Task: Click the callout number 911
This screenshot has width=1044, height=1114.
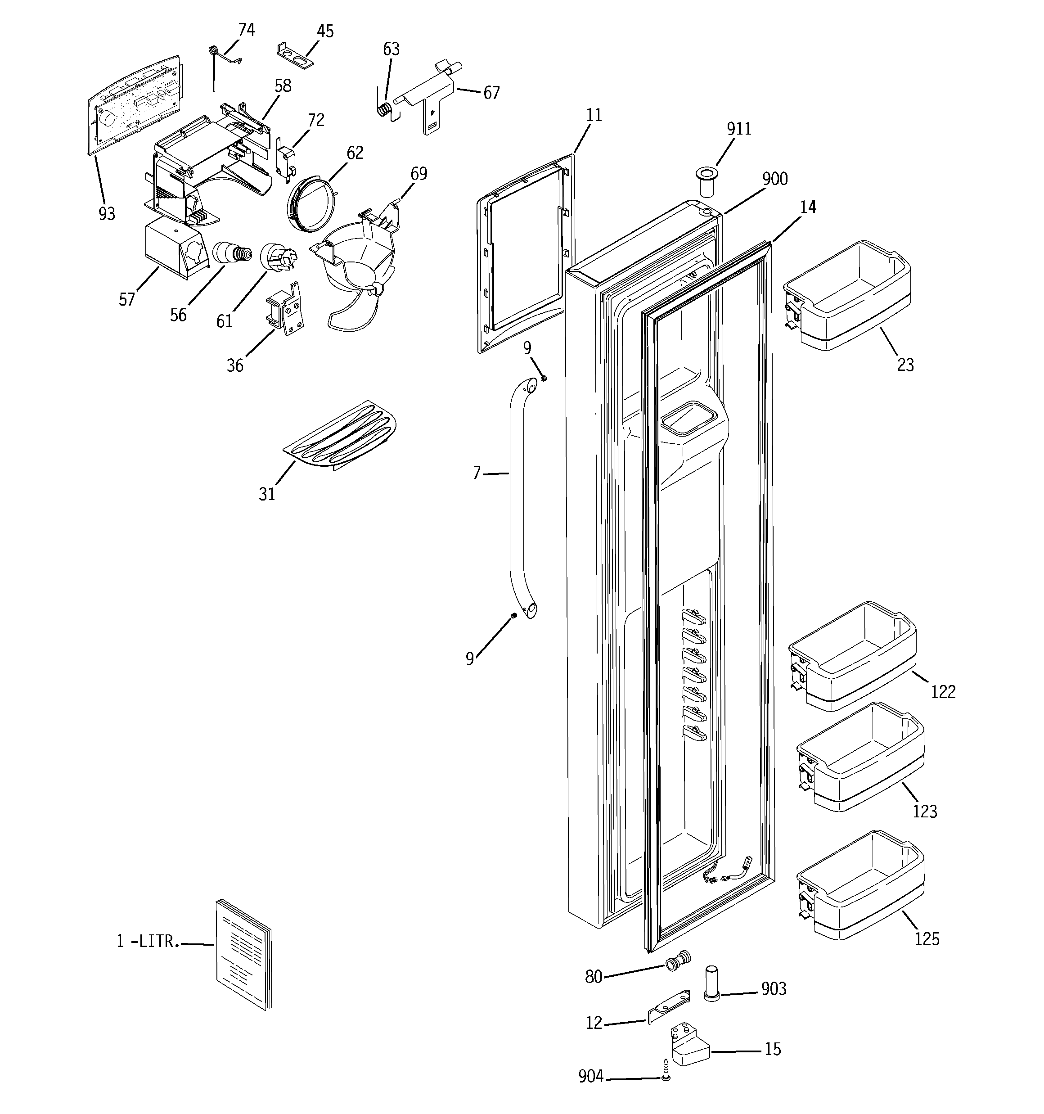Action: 738,129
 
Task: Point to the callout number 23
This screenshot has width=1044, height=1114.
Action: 905,365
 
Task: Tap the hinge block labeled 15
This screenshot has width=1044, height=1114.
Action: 688,1045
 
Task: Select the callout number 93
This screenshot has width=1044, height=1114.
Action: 107,213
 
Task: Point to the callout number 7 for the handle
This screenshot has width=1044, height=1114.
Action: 477,474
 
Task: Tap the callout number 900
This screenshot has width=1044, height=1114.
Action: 774,179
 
